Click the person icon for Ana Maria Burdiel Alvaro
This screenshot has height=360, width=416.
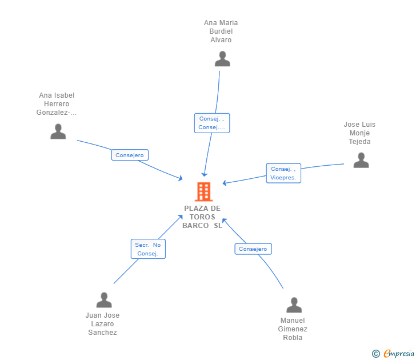tap(222, 59)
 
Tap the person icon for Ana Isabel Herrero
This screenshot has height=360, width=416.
tap(58, 131)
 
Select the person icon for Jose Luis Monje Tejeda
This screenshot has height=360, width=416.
tap(361, 160)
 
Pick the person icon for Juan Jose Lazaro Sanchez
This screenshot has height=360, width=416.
tap(104, 300)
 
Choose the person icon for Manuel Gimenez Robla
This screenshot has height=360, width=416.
tap(294, 305)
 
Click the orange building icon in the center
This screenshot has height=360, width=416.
tap(203, 192)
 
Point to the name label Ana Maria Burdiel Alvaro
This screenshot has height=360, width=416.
tap(221, 31)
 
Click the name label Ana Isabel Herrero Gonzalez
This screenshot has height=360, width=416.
tap(57, 104)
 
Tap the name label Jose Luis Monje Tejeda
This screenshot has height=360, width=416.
tap(359, 133)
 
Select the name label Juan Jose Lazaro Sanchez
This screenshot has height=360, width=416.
tap(102, 324)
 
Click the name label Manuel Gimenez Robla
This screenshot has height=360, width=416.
tap(293, 329)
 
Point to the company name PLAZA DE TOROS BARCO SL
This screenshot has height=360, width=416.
tap(202, 217)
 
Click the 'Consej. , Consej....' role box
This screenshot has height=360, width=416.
tap(212, 123)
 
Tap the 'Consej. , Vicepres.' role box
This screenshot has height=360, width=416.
tap(283, 173)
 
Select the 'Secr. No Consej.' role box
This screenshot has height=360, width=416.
tap(148, 249)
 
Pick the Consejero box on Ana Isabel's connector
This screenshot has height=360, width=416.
tap(130, 155)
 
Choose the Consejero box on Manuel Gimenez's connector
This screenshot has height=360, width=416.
tap(253, 249)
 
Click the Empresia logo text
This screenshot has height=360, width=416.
tap(399, 354)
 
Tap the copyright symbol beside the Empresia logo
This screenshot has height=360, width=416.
tap(376, 354)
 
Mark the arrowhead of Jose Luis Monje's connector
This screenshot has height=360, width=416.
tap(225, 183)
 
